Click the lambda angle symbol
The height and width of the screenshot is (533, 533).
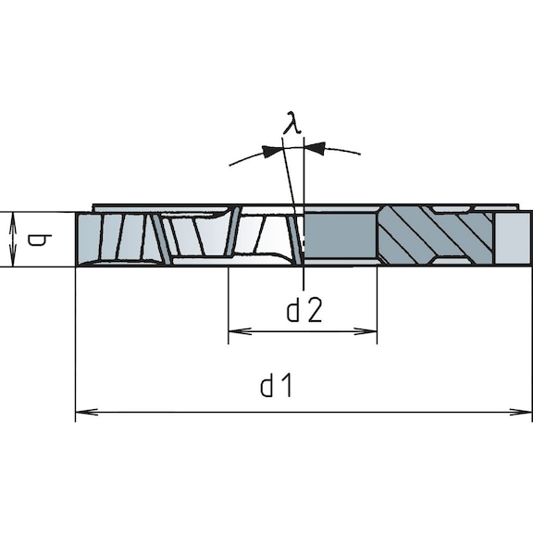point(291,122)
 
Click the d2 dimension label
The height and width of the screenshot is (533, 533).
point(304,312)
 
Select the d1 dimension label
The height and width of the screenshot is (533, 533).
point(276,387)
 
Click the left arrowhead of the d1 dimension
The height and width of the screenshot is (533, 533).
point(83,412)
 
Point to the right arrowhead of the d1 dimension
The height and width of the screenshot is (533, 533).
point(525,412)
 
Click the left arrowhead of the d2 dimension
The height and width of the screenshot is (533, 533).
point(236,330)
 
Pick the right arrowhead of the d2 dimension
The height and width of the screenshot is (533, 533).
point(369,330)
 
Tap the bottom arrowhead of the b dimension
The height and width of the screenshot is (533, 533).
point(13,260)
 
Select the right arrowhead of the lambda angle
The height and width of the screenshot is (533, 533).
point(314,147)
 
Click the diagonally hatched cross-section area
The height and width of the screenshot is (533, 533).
point(435,236)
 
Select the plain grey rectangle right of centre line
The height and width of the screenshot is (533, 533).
point(341,236)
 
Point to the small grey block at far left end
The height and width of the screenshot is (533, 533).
point(88,239)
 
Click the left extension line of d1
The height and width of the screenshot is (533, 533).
point(75,352)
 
